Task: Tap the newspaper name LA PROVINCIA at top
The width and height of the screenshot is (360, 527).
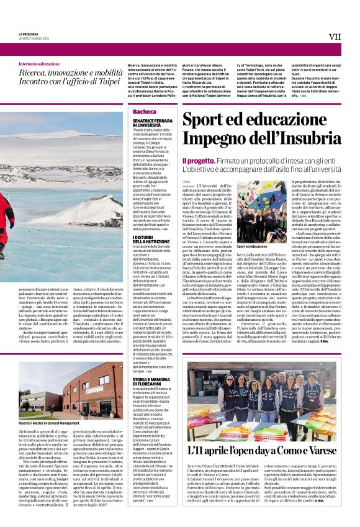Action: pyautogui.click(x=28, y=34)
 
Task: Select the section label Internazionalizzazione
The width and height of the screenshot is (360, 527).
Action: pyautogui.click(x=39, y=64)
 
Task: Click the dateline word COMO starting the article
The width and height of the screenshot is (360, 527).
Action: pyautogui.click(x=186, y=181)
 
